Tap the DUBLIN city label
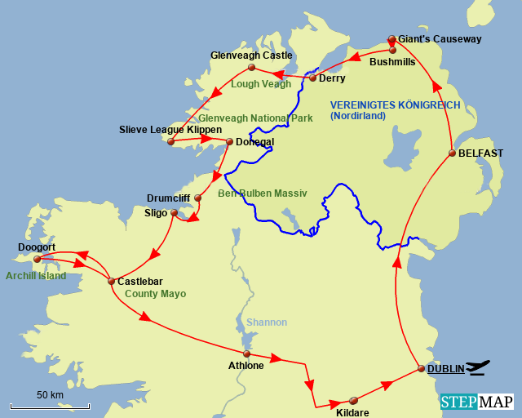(445, 368)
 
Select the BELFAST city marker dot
(451, 153)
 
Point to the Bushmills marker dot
(392, 50)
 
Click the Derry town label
(332, 78)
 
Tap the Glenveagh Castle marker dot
(251, 67)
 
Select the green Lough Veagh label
(261, 83)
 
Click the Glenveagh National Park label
(255, 118)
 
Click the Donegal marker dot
(229, 140)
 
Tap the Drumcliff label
(168, 198)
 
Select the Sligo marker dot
(173, 213)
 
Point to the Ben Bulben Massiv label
(262, 193)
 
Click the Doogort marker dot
(37, 259)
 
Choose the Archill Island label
(37, 276)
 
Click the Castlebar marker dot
(111, 282)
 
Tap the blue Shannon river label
(267, 322)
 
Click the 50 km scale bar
(50, 404)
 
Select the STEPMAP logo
(476, 402)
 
